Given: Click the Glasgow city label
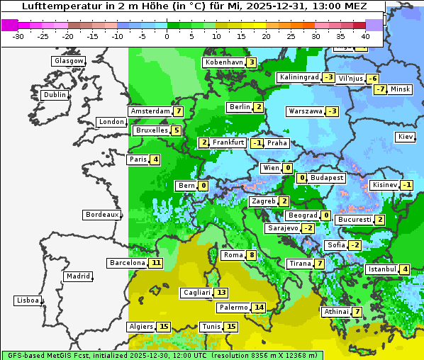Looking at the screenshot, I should point(68,61).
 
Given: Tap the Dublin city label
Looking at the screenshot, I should point(55,95).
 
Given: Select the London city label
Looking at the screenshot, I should point(111,122).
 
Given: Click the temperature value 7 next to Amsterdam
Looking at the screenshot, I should point(179,111).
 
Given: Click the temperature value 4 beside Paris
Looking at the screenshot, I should point(155,159).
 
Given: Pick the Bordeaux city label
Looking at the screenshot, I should point(101,214).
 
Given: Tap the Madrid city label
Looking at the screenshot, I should point(78,276).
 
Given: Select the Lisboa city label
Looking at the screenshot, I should point(28,300).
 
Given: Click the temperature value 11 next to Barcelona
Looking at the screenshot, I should point(156,263).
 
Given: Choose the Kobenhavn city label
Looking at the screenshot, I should point(223,62).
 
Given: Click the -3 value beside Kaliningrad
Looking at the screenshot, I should point(328,77).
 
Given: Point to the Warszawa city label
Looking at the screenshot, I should point(306,111).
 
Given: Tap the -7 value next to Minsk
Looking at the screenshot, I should point(381,89).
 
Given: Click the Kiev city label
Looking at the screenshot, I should point(406,136).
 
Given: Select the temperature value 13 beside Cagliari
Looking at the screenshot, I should point(222,293).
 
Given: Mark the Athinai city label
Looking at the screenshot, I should point(336,312).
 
